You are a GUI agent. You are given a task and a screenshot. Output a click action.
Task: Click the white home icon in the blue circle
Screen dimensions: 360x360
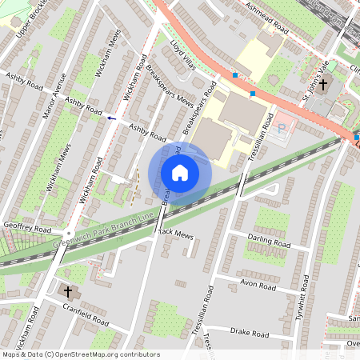[180, 173]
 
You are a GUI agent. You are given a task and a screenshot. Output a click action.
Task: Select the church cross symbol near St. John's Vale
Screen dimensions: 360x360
[324, 85]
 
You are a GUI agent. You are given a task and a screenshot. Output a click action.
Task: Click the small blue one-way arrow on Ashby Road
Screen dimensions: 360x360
[110, 118]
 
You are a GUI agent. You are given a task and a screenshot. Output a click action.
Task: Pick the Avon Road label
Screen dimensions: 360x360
[257, 286]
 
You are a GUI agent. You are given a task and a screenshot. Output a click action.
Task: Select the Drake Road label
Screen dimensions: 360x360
[250, 330]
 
